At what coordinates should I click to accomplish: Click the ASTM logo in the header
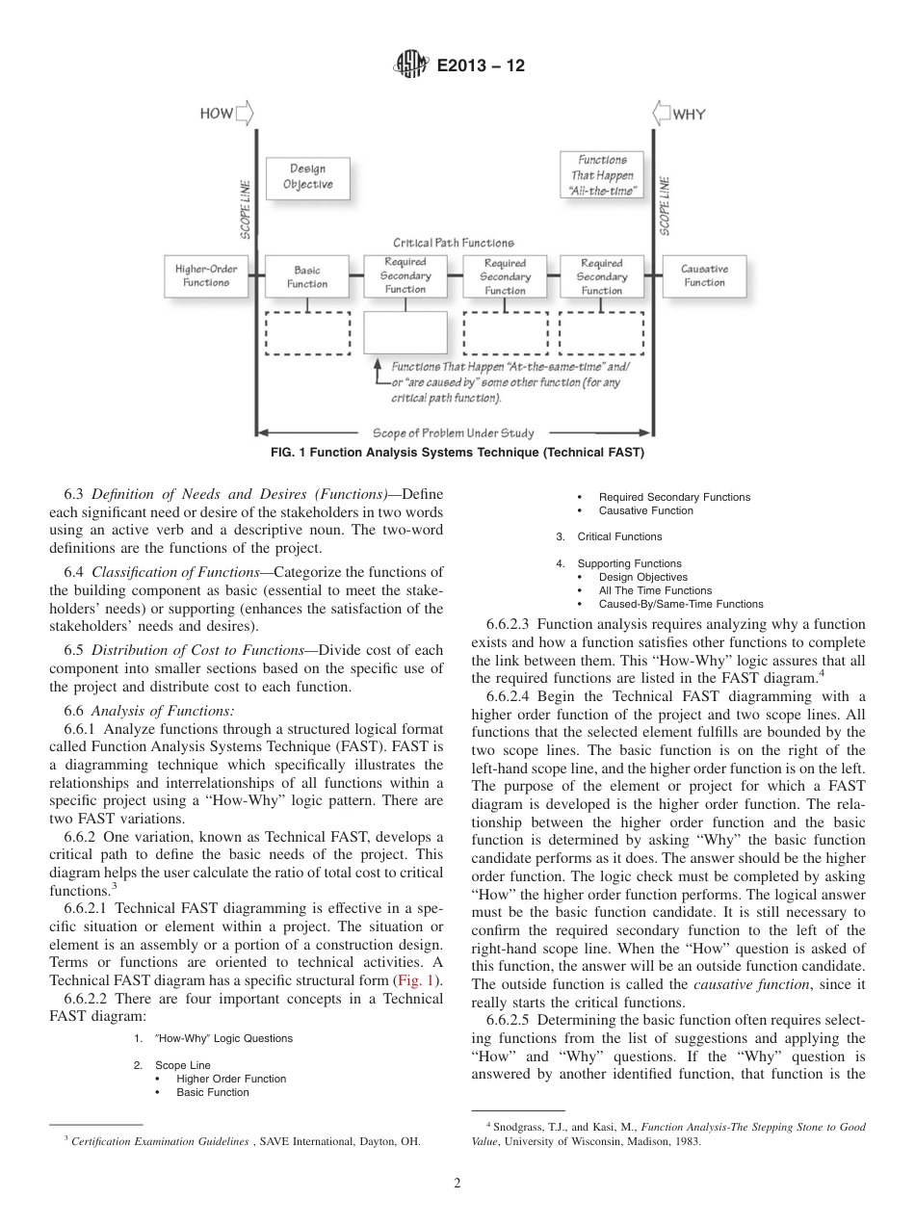pos(410,66)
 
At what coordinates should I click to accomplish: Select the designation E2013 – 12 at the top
pos(480,66)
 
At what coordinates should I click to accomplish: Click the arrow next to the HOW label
pos(245,114)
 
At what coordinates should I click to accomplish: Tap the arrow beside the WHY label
pos(662,114)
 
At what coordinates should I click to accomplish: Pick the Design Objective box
pos(308,177)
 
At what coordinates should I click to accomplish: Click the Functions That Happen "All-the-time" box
pos(602,175)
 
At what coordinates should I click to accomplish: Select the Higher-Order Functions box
pos(206,275)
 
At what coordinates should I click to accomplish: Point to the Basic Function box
pos(307,276)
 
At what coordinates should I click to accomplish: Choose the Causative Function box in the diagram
pos(704,275)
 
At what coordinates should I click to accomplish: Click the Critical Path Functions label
pos(453,243)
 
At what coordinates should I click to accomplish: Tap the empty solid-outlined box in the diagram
pos(405,332)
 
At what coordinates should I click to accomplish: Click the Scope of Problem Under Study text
pos(453,432)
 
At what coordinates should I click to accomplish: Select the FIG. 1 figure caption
pos(457,452)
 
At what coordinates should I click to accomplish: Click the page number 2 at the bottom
pos(457,1184)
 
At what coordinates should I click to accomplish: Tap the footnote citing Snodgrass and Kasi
pos(667,1134)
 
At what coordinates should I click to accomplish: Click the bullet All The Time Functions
pos(655,590)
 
